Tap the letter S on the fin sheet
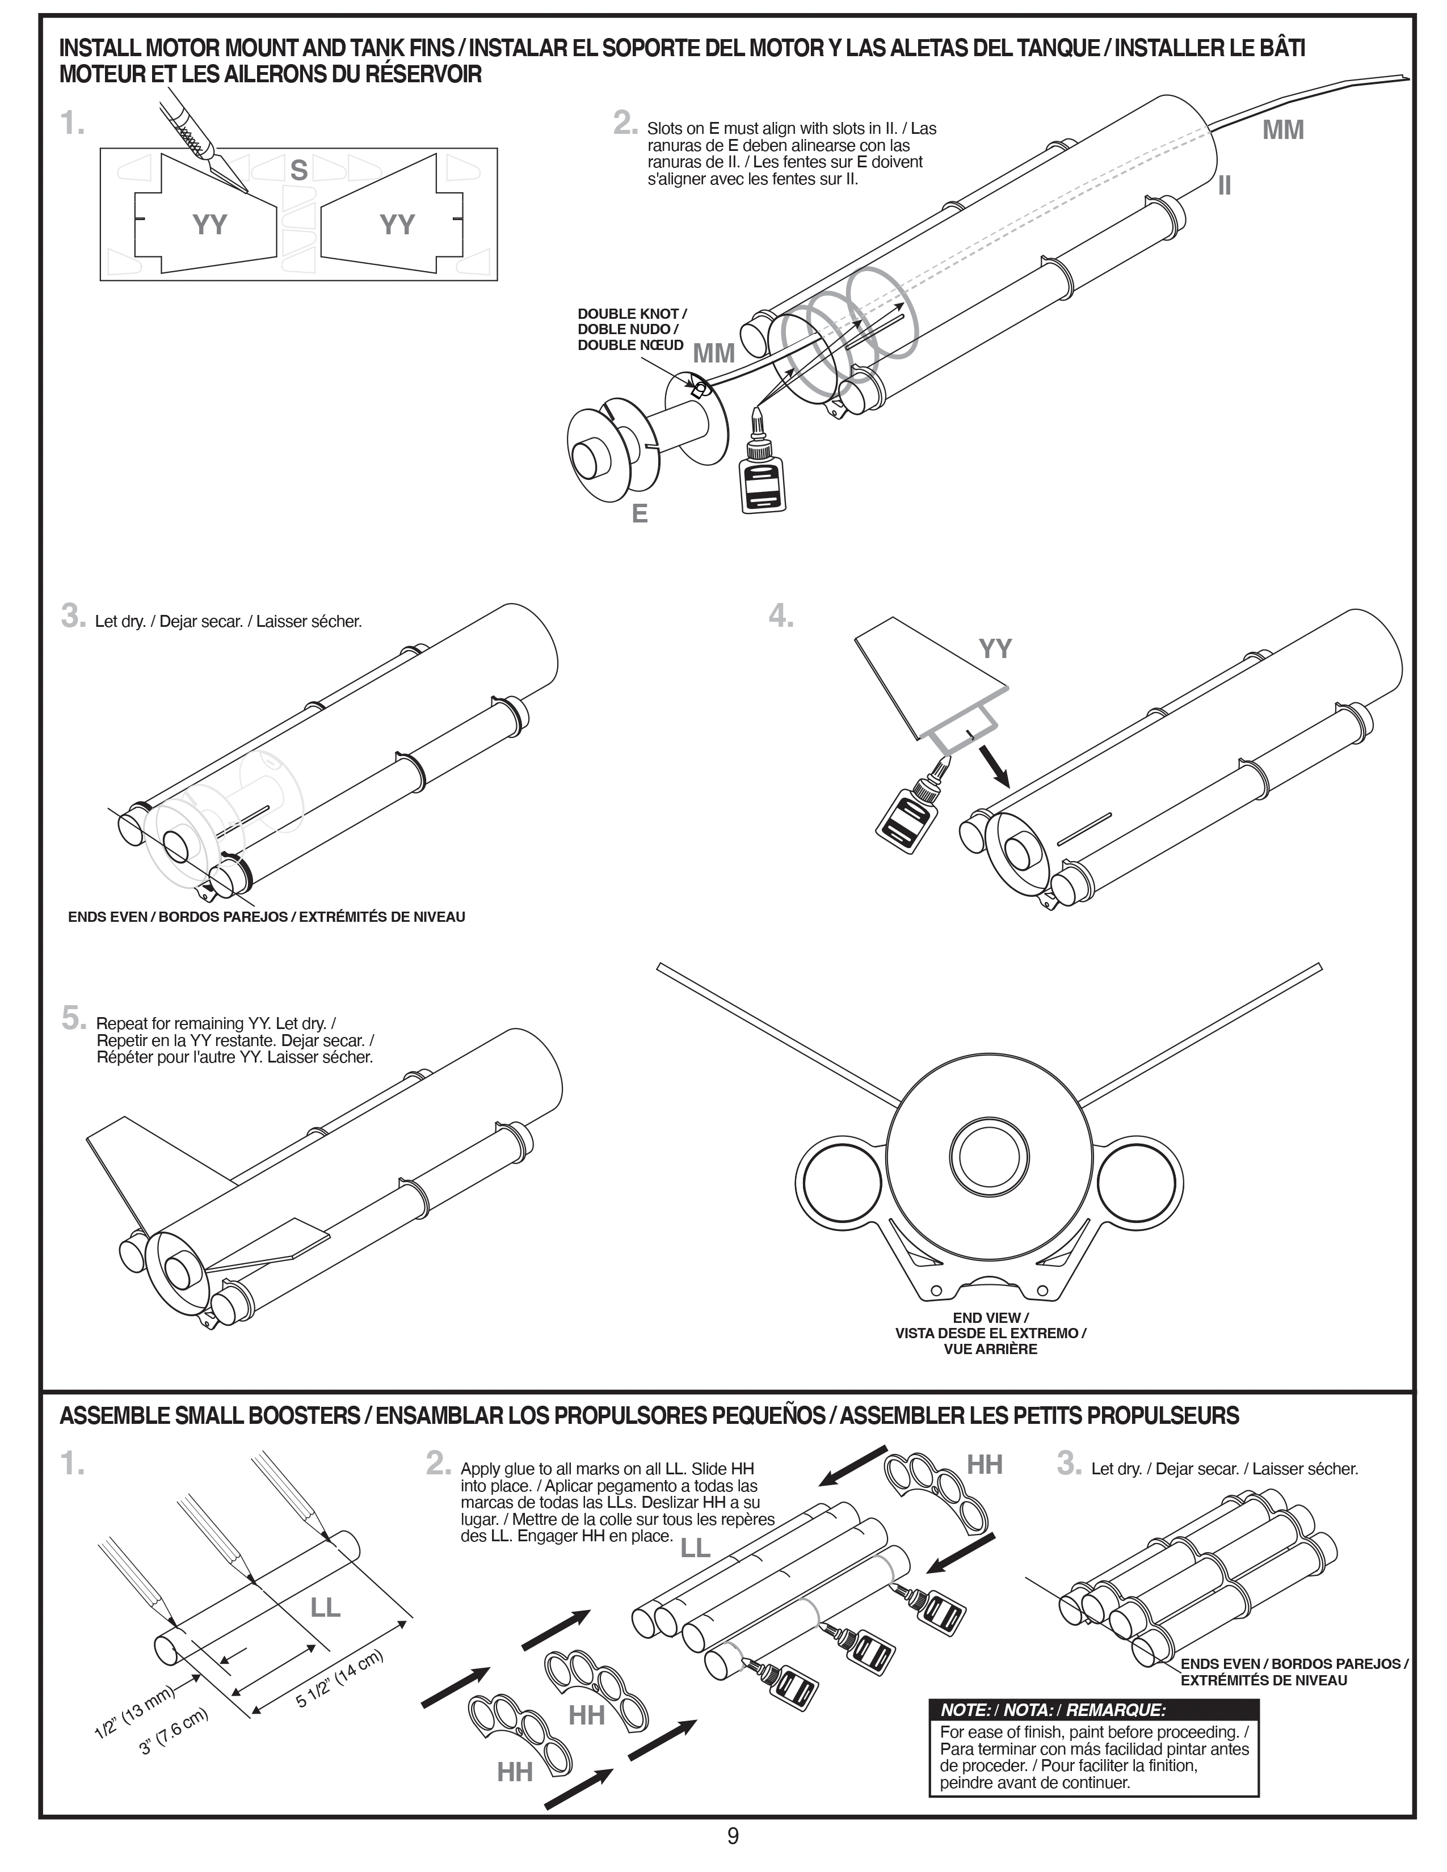pos(298,171)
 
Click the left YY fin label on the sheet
pos(209,225)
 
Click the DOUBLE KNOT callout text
pos(632,329)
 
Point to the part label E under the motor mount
pos(640,515)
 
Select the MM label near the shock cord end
pos(1282,130)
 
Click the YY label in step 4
pos(995,649)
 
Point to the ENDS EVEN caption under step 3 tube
pos(267,917)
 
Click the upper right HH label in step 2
pos(985,1465)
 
